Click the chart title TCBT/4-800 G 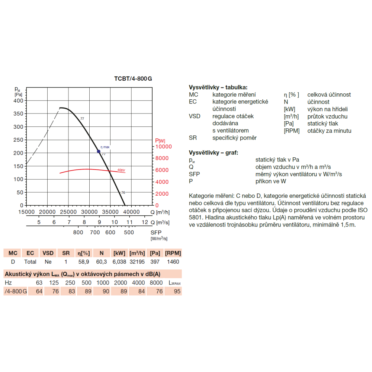point(133,79)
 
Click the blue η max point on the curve point(99,151)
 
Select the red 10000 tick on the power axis point(163,147)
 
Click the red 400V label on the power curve point(121,170)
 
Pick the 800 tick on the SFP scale point(78,232)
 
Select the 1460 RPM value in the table point(173,262)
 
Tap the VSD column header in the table point(48,253)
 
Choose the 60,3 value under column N point(102,262)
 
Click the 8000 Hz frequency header point(156,283)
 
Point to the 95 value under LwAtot point(177,291)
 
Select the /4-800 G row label point(15,291)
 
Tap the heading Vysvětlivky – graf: point(214,153)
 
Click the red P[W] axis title point(160,140)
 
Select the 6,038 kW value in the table point(119,262)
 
